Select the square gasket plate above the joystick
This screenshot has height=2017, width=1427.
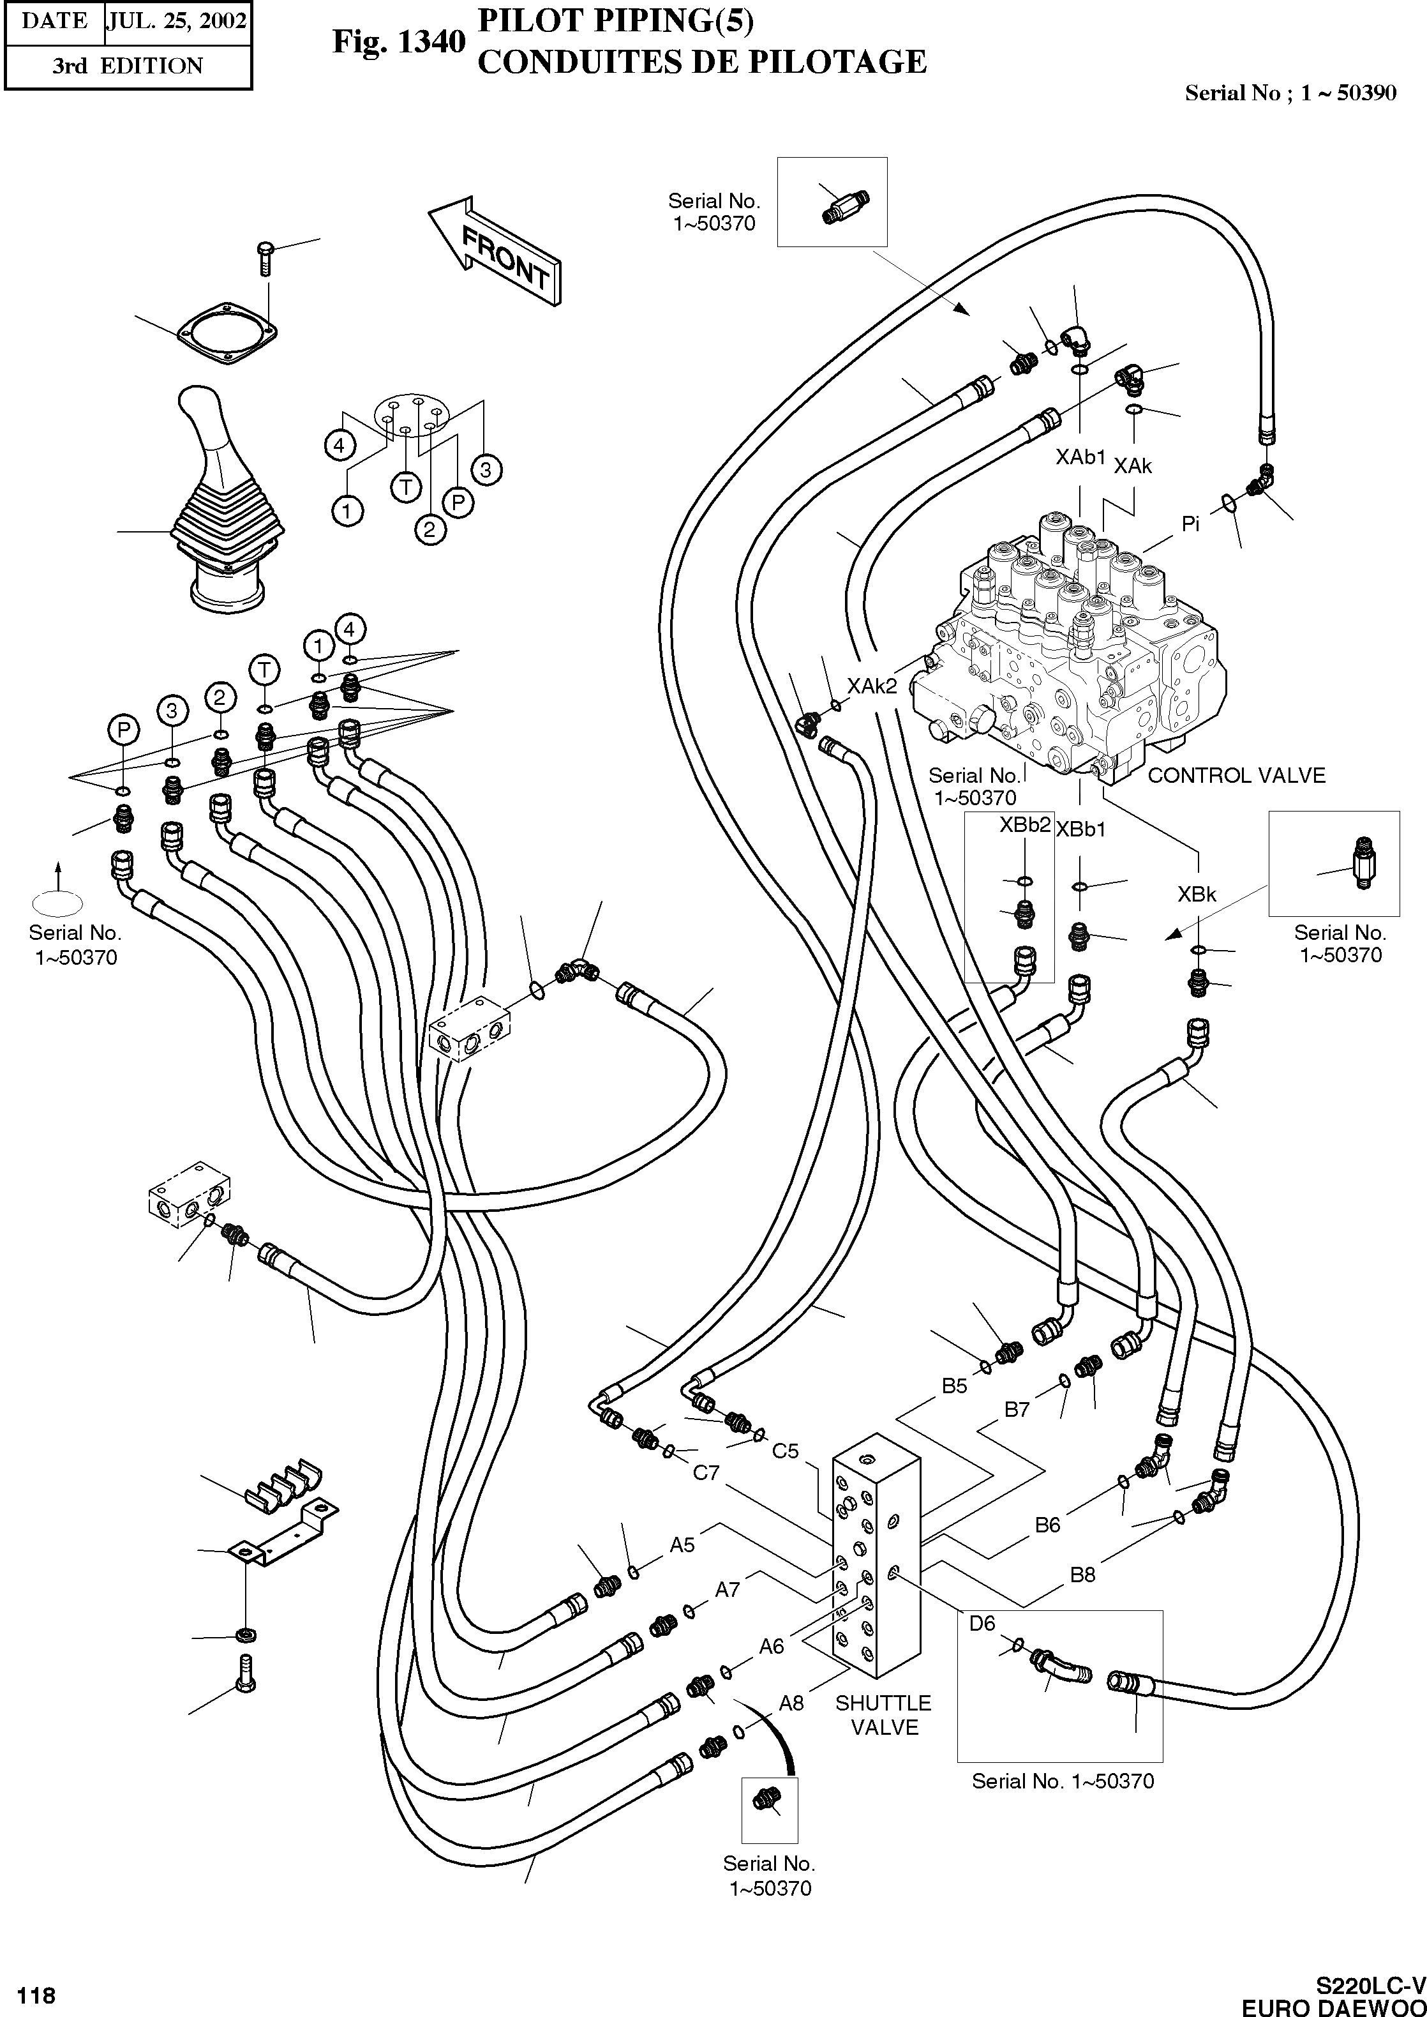(227, 334)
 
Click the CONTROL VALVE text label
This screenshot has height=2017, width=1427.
(1236, 775)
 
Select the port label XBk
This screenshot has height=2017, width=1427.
(1197, 895)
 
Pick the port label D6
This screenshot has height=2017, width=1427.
(982, 1623)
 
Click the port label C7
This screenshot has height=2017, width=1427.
(706, 1473)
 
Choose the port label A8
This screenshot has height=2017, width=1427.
(791, 1703)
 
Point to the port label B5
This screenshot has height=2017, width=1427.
(954, 1386)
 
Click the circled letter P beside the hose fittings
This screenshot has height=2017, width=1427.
(124, 729)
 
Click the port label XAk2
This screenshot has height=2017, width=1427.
(872, 686)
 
